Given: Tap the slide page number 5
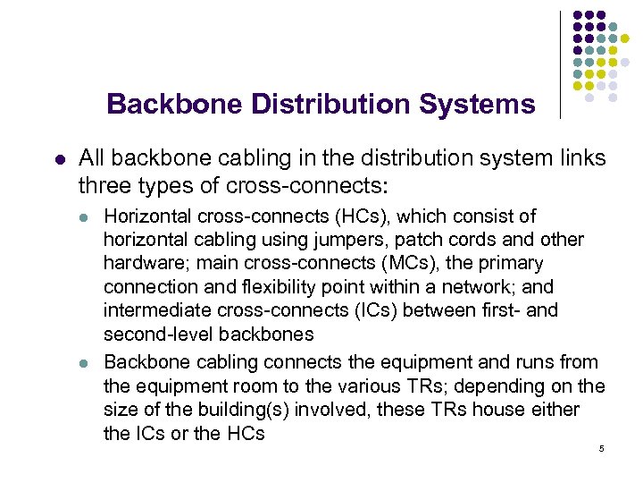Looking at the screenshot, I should [603, 448].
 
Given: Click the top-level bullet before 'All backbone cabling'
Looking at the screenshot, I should [59, 159].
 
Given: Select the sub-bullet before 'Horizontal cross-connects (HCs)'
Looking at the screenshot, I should [83, 217].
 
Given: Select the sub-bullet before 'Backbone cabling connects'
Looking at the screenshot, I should [83, 363].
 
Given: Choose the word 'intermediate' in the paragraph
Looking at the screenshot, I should [153, 311].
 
